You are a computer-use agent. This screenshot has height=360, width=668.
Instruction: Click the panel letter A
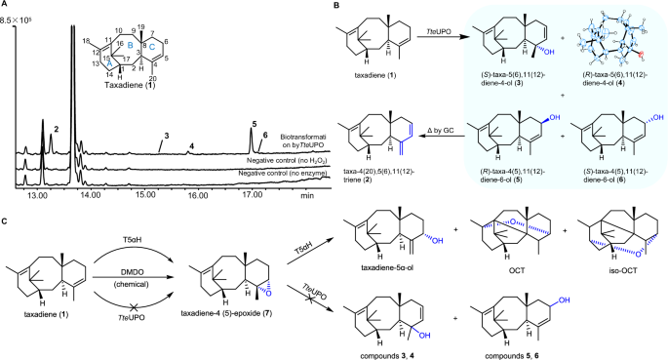6,6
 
